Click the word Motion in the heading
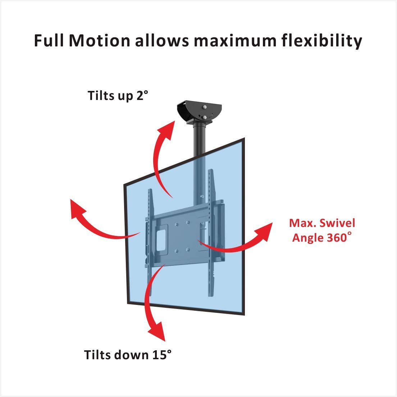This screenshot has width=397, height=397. click(99, 41)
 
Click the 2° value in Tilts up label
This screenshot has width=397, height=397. click(142, 96)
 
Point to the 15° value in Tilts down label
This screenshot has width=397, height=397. click(161, 355)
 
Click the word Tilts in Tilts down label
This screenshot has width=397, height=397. click(97, 355)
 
